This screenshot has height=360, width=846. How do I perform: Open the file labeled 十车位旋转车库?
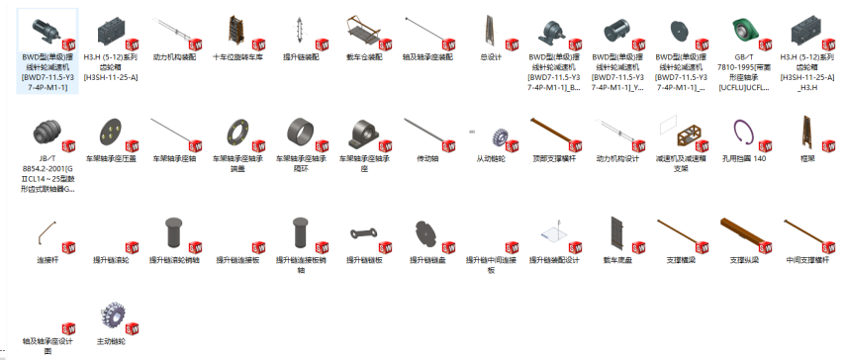click(237, 57)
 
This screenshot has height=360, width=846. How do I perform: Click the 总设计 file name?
click(490, 57)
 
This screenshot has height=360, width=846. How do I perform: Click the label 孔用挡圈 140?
click(744, 158)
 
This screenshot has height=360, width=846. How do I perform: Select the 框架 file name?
click(806, 158)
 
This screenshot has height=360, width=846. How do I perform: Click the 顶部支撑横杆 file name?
click(553, 158)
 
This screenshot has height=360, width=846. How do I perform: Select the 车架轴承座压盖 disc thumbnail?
click(111, 132)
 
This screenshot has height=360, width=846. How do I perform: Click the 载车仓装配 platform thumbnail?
click(363, 30)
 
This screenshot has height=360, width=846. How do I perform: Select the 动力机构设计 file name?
click(617, 158)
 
